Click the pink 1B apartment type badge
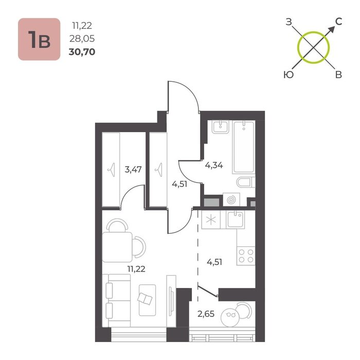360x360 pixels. point(39,39)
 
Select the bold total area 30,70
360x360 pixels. point(82,52)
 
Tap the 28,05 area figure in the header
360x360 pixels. point(82,39)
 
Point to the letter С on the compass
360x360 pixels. point(338,22)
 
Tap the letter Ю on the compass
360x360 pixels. point(289,75)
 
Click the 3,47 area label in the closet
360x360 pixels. point(133,170)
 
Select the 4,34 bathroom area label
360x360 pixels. point(214,165)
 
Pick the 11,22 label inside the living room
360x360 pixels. point(136,269)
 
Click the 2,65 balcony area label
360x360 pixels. point(206,314)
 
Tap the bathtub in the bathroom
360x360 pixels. point(244,147)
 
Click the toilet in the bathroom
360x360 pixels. point(246,183)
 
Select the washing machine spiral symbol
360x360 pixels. point(231,200)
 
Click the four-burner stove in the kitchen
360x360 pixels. point(246,256)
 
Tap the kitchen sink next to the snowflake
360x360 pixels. point(235,220)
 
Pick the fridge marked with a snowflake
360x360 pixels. point(211,220)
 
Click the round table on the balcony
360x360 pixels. point(230,317)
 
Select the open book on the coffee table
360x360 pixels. point(145,299)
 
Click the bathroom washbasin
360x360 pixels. point(221,127)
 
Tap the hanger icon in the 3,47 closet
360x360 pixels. point(112,170)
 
